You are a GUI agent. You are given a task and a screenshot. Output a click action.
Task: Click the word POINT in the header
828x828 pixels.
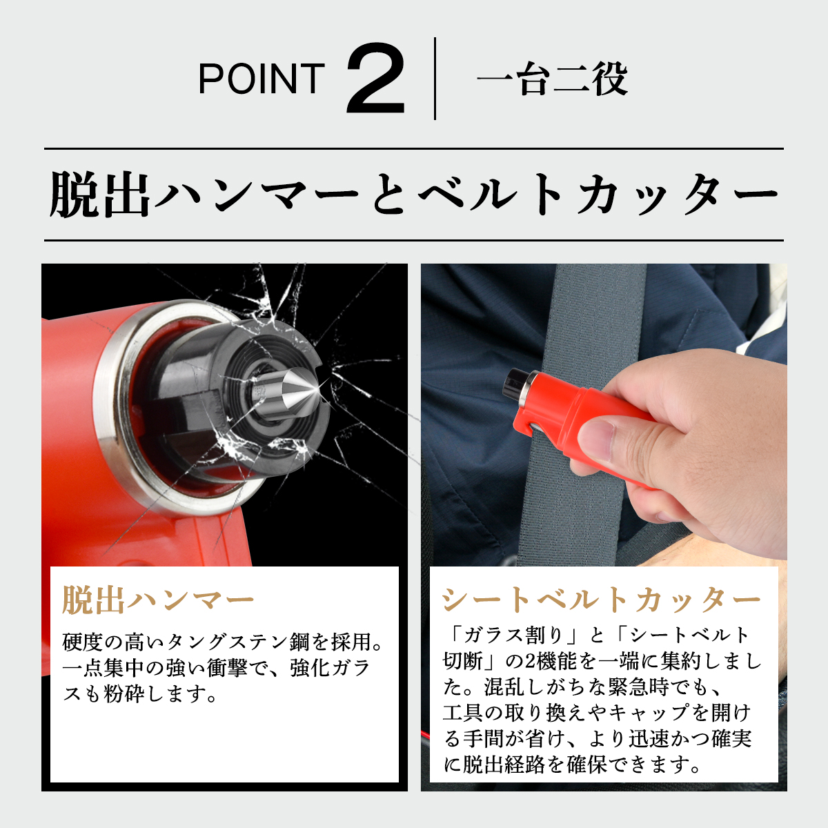tap(262, 78)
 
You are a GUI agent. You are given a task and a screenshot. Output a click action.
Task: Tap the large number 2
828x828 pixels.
tap(375, 78)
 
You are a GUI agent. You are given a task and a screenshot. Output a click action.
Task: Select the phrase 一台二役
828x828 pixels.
tap(553, 79)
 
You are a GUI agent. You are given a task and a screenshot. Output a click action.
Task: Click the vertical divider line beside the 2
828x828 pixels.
tap(435, 78)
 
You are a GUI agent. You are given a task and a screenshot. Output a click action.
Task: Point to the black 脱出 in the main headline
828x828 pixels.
tap(99, 194)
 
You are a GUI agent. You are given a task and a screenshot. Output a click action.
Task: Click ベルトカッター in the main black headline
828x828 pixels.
tap(598, 194)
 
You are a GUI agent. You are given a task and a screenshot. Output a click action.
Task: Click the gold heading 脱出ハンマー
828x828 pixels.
tap(158, 600)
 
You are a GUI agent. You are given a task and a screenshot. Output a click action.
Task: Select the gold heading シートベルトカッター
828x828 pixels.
tap(601, 600)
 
